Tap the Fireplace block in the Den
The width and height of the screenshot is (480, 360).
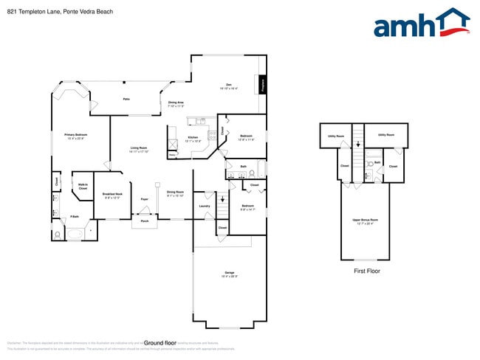262,85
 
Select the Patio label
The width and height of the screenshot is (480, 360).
126,99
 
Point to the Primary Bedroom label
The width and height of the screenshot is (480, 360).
76,135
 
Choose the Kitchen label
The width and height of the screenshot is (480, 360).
193,138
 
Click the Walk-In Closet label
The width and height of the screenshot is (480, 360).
83,187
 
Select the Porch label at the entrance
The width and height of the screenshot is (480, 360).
145,221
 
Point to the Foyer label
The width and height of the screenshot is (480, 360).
145,199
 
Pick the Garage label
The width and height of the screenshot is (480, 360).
230,274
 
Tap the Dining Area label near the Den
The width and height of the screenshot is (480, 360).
176,103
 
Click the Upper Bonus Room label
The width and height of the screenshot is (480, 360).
365,221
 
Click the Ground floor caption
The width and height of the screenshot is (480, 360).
160,343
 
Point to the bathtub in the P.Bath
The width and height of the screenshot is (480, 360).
75,235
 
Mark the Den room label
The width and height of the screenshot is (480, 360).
228,86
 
